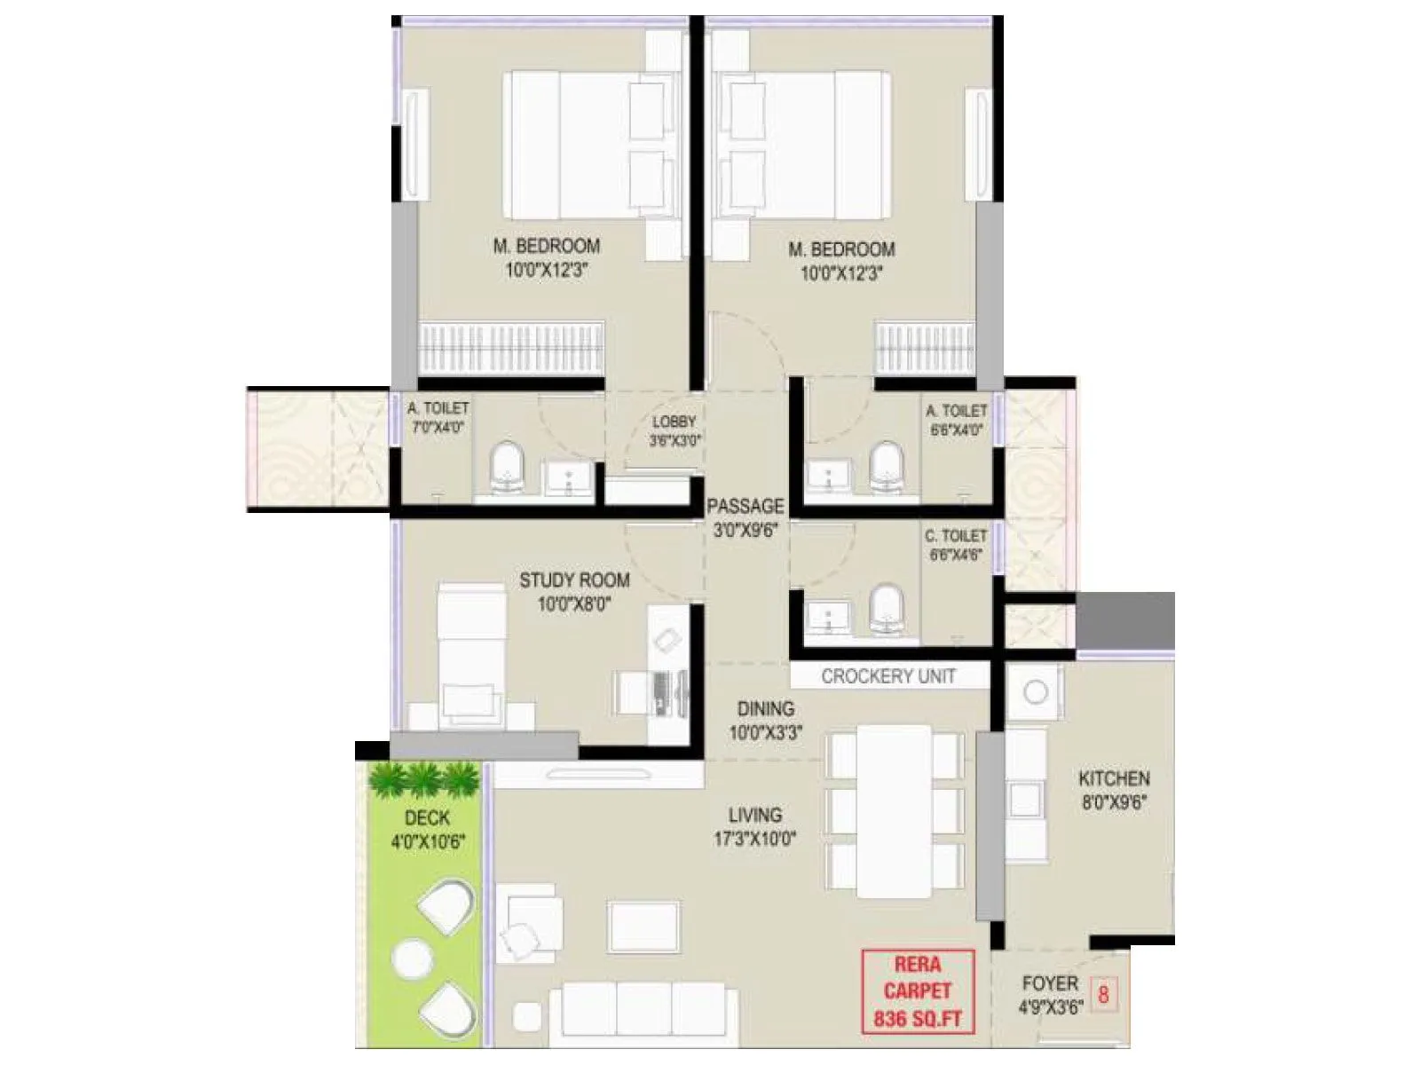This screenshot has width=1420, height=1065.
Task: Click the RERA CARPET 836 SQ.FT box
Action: pyautogui.click(x=918, y=991)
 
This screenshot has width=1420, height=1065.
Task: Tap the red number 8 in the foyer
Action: pyautogui.click(x=1103, y=993)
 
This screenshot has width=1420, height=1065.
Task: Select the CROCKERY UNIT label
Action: pyautogui.click(x=888, y=676)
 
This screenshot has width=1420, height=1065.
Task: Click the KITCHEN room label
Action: pyautogui.click(x=1114, y=778)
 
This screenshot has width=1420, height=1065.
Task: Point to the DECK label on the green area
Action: pyautogui.click(x=427, y=817)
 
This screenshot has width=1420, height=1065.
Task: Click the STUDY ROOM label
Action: pyautogui.click(x=574, y=580)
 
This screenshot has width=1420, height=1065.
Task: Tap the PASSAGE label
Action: pyautogui.click(x=745, y=506)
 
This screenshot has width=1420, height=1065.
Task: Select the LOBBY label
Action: pyautogui.click(x=674, y=422)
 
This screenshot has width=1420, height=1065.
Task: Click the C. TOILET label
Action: pyautogui.click(x=956, y=536)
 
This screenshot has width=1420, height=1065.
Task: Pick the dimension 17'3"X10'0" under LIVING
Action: pyautogui.click(x=755, y=839)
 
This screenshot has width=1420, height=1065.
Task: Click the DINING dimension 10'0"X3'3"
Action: pyautogui.click(x=766, y=734)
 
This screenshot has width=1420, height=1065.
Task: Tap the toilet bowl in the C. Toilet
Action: pyautogui.click(x=885, y=609)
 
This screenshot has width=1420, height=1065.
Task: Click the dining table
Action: pyautogui.click(x=895, y=810)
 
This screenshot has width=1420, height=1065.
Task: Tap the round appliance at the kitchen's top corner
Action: pyautogui.click(x=1036, y=691)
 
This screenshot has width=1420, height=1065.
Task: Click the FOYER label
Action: pyautogui.click(x=1050, y=983)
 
